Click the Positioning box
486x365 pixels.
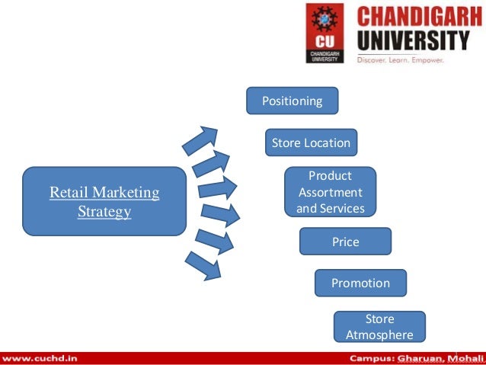pos(292,101)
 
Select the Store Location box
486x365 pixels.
pos(311,142)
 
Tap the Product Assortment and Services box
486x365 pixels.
pos(330,192)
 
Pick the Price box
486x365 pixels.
pos(345,242)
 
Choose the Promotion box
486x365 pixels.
pos(360,283)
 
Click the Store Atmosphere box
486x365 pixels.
pos(379,327)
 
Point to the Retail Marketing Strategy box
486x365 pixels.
pos(104,201)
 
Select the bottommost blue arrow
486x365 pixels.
pos(202,264)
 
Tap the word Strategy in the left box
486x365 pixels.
pos(104,211)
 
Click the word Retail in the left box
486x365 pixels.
pos(68,193)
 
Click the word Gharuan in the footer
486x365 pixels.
pos(424,357)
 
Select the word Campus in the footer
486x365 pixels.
pos(372,357)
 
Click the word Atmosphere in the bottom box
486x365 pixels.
pos(379,335)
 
